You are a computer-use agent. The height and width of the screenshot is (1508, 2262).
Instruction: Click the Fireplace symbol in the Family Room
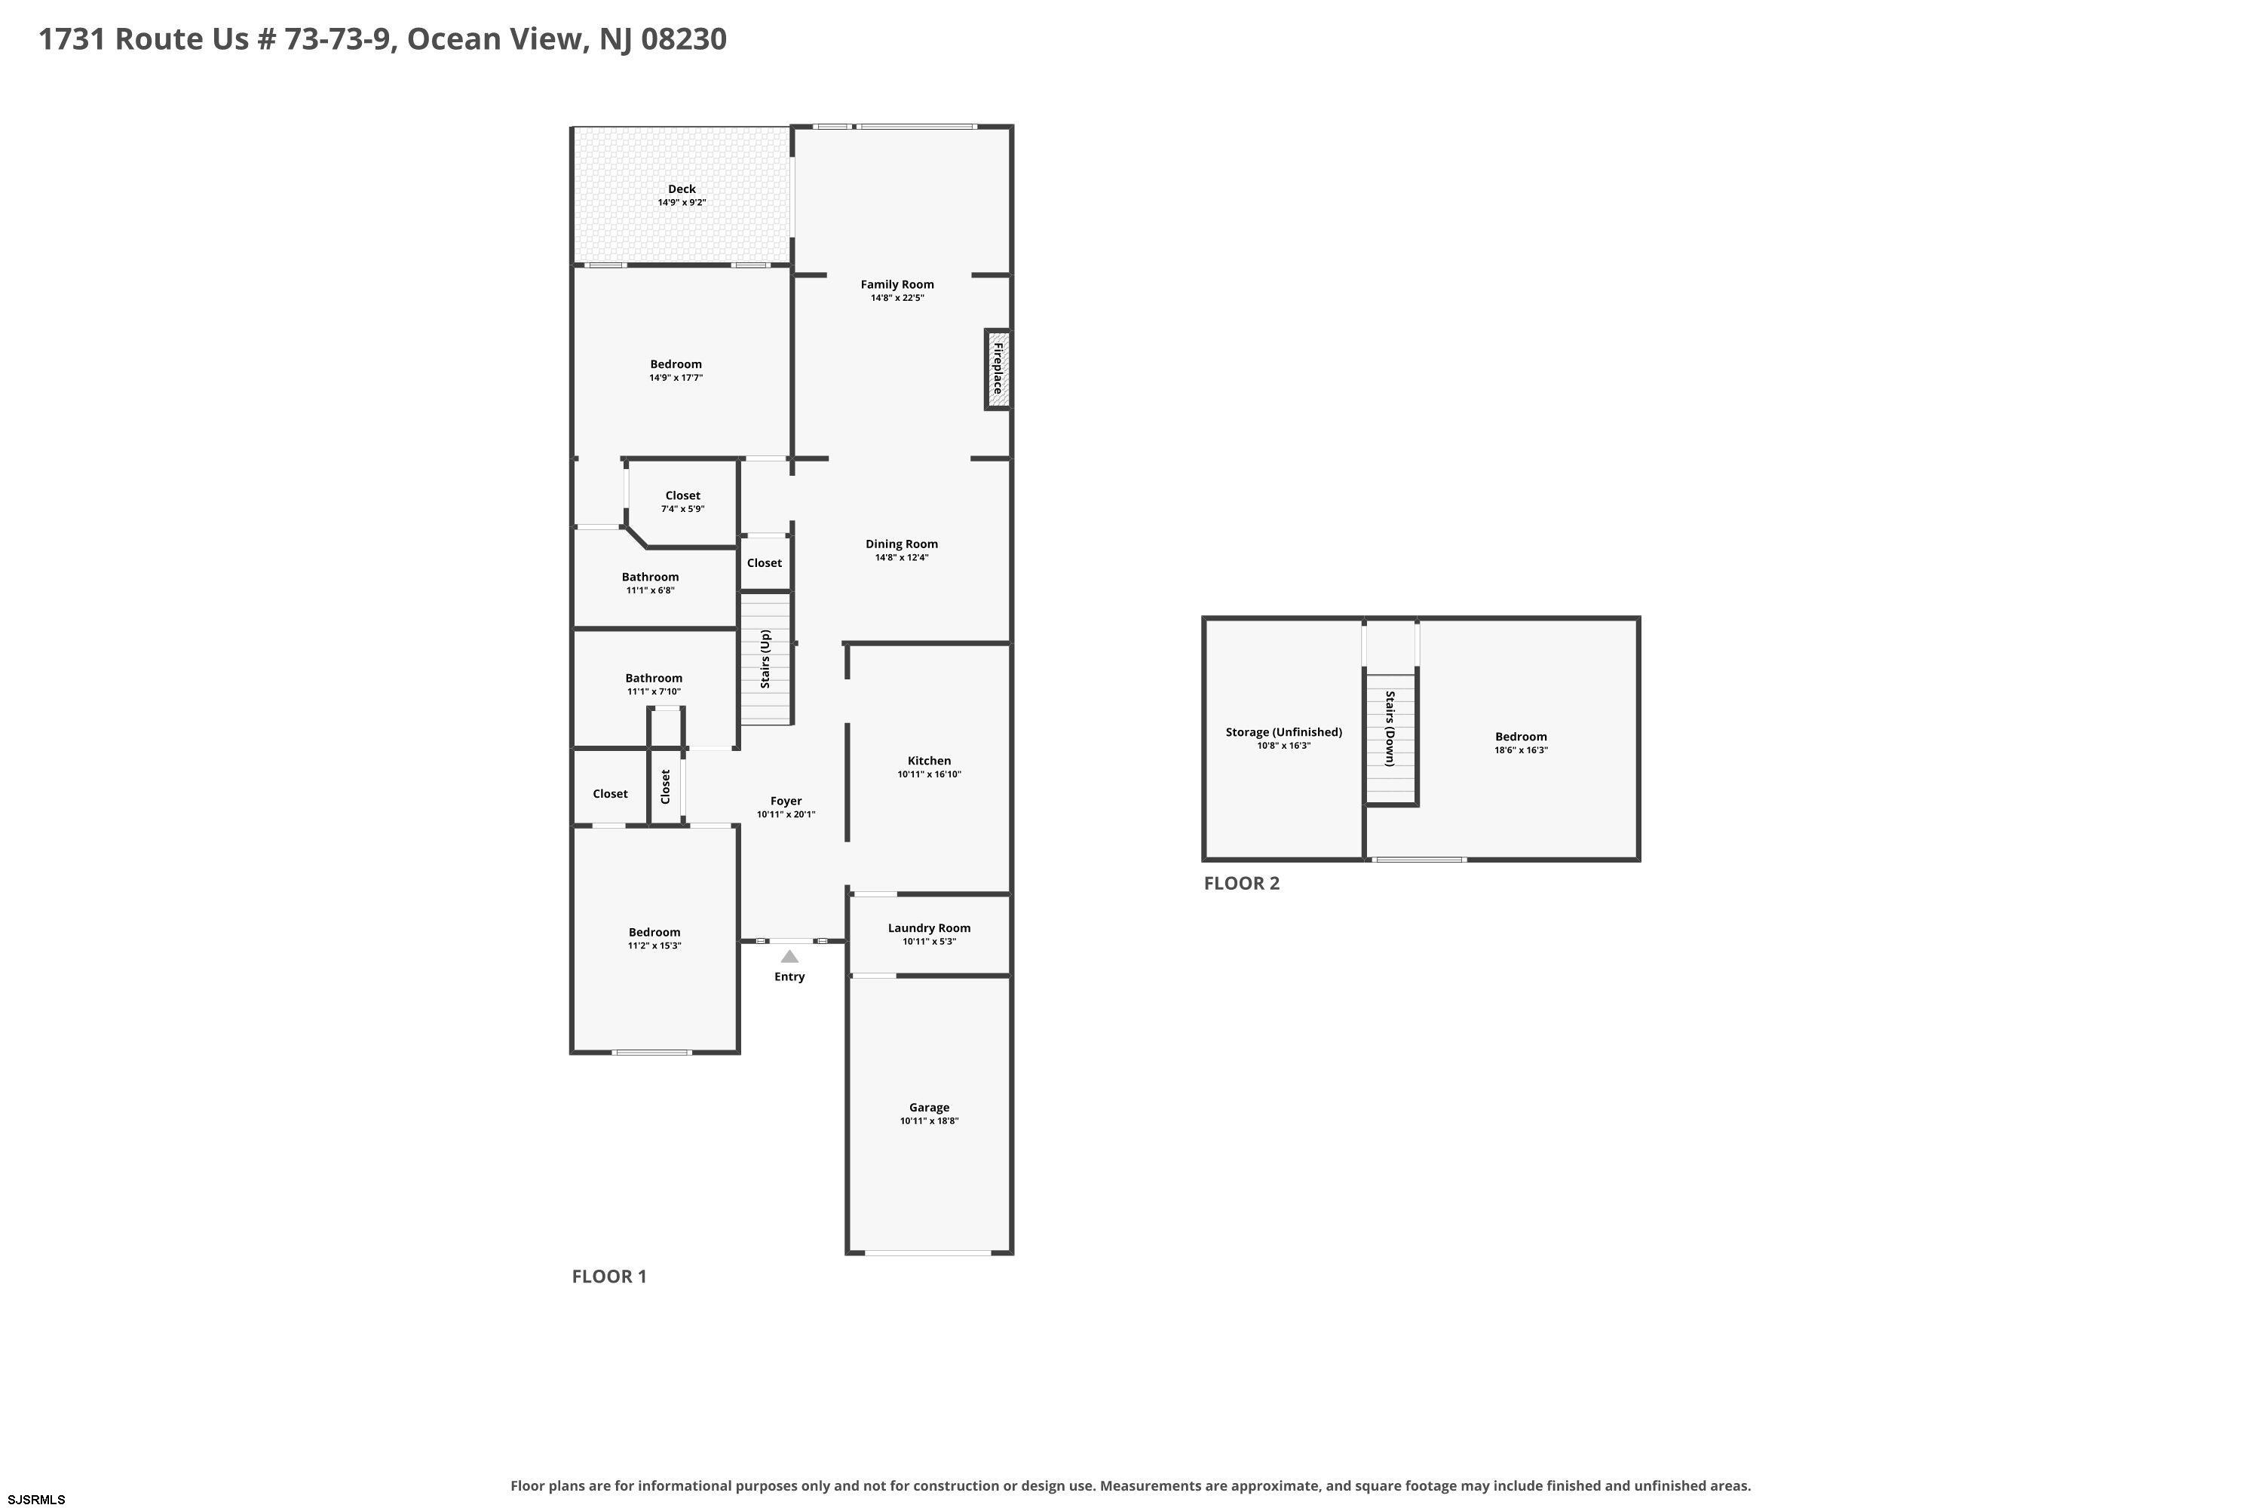tap(998, 369)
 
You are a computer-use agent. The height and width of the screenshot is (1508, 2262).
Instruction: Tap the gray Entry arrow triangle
tap(789, 956)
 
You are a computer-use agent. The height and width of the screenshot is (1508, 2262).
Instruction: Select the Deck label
tap(682, 188)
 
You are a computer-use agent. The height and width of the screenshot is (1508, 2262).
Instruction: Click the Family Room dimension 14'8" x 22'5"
tap(897, 298)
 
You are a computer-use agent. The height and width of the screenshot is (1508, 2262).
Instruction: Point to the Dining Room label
tap(901, 544)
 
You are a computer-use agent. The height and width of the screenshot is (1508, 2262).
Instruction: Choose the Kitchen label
tap(929, 761)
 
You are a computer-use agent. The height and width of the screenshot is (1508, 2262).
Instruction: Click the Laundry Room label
tap(929, 928)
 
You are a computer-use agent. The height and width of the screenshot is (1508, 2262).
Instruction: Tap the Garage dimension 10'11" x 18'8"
tap(929, 1121)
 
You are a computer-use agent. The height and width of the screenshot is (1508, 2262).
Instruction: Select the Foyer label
tap(786, 801)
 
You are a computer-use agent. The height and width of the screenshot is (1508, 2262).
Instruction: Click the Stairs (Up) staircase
tap(765, 659)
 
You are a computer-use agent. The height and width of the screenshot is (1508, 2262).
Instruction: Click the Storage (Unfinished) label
tap(1284, 732)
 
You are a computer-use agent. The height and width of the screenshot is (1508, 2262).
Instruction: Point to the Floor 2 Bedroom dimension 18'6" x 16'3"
tap(1521, 750)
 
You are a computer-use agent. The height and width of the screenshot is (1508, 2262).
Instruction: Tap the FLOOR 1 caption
tap(608, 1277)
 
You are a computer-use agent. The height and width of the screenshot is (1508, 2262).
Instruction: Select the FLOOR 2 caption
tap(1242, 883)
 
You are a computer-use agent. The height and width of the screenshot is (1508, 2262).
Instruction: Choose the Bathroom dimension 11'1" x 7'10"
tap(654, 691)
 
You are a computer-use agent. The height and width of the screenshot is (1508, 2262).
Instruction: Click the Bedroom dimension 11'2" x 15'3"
tap(654, 946)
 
